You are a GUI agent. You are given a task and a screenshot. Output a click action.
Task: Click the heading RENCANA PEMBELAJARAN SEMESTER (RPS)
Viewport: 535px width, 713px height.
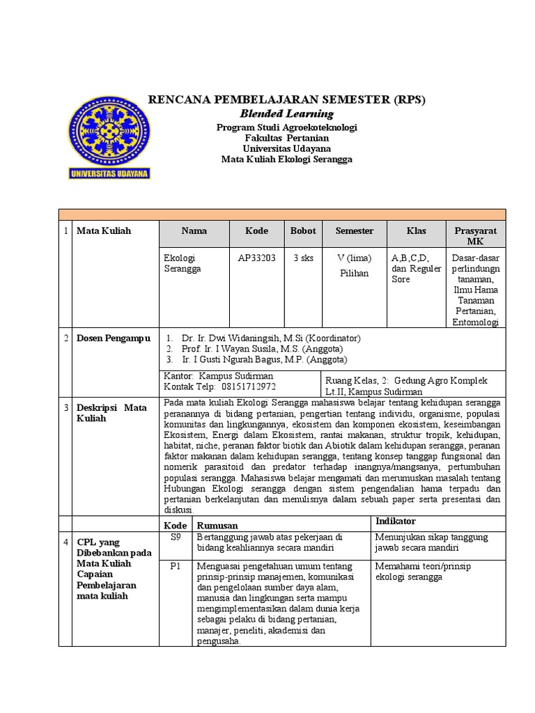click(x=286, y=99)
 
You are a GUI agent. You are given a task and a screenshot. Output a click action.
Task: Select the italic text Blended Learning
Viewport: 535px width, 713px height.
click(x=287, y=113)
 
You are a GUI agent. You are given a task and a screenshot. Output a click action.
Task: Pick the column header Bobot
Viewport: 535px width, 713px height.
click(x=303, y=230)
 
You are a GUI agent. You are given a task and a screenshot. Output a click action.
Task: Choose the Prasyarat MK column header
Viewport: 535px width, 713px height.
click(x=475, y=236)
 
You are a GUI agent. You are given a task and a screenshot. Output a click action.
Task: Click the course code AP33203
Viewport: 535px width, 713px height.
click(x=256, y=258)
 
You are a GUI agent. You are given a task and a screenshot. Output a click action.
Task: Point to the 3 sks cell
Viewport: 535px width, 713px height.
click(x=303, y=258)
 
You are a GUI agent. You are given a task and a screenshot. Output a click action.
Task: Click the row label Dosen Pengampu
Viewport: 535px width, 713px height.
click(x=113, y=338)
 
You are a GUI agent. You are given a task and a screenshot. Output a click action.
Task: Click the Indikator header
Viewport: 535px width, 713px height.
click(x=396, y=521)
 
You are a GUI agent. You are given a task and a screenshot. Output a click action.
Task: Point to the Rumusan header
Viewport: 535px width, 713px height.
click(x=217, y=525)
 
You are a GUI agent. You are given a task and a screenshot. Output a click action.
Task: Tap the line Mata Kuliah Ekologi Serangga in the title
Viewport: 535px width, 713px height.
click(x=287, y=159)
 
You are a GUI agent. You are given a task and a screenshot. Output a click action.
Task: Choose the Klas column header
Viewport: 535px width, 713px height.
click(x=417, y=230)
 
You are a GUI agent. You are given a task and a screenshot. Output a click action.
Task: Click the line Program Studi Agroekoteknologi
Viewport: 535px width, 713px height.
click(x=287, y=128)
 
